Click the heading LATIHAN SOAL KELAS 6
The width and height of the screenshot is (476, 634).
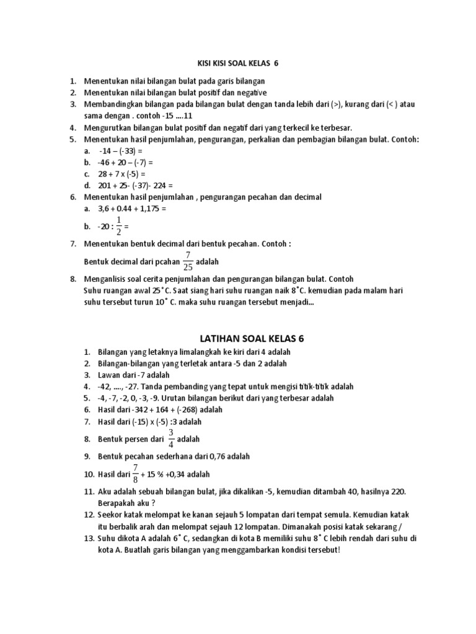coord(252,339)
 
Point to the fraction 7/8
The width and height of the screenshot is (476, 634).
coord(134,474)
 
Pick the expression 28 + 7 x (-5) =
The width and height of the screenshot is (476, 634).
coord(121,173)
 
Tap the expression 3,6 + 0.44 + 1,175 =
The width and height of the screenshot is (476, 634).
coord(133,209)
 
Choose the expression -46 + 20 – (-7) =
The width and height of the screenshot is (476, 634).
coord(125,162)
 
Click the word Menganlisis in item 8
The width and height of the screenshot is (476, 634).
coord(110,279)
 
